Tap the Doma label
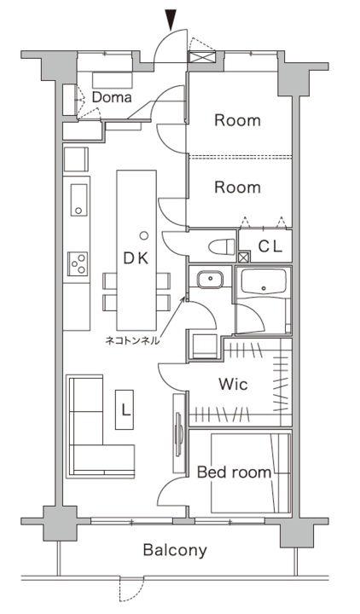pyautogui.click(x=112, y=97)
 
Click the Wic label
pyautogui.click(x=232, y=385)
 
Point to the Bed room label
pyautogui.click(x=234, y=472)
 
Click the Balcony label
pyautogui.click(x=174, y=550)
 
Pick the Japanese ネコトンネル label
pyautogui.click(x=131, y=339)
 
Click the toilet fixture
pyautogui.click(x=221, y=247)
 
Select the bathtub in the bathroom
pyautogui.click(x=264, y=281)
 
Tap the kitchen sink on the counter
pyautogui.click(x=78, y=200)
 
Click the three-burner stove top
pyautogui.click(x=78, y=264)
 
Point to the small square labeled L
pyautogui.click(x=125, y=410)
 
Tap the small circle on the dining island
pyautogui.click(x=144, y=235)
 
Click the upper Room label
pyautogui.click(x=236, y=120)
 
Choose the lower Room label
pyautogui.click(x=236, y=187)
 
